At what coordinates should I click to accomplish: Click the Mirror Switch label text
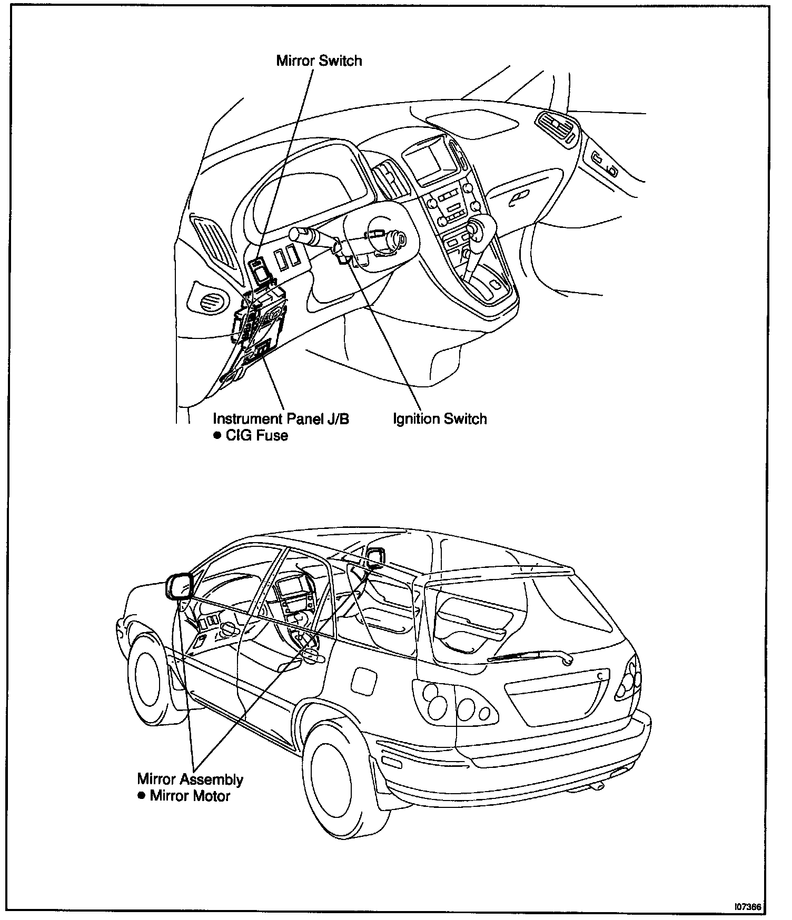(x=319, y=61)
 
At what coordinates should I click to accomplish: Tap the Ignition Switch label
(x=440, y=419)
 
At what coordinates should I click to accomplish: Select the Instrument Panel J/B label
(x=281, y=419)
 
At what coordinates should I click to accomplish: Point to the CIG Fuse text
(x=256, y=436)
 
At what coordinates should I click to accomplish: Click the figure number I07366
(x=747, y=906)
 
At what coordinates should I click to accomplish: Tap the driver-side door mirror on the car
(x=179, y=586)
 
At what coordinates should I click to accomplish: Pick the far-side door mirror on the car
(x=376, y=557)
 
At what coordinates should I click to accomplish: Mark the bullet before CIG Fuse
(x=216, y=436)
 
